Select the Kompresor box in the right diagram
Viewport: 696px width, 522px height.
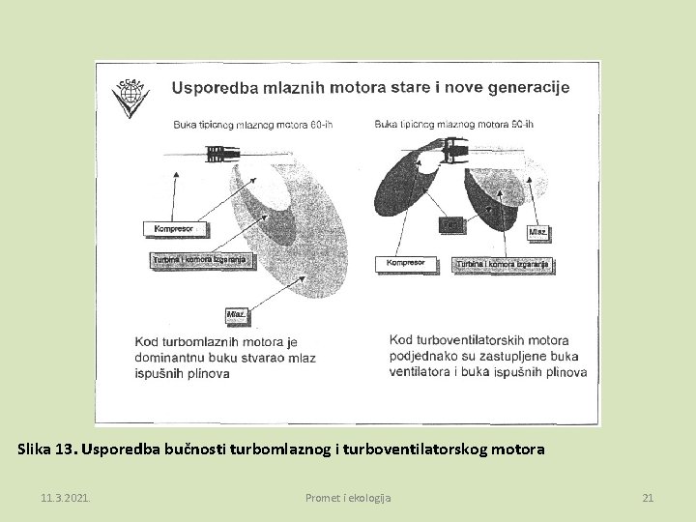pyautogui.click(x=407, y=262)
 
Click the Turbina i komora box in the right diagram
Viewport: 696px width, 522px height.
pyautogui.click(x=503, y=263)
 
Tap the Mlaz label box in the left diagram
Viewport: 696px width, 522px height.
pyautogui.click(x=236, y=314)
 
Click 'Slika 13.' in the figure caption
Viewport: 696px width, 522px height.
pyautogui.click(x=47, y=449)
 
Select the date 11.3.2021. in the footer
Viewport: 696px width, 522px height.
pyautogui.click(x=66, y=498)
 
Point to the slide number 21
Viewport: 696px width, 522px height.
pyautogui.click(x=648, y=498)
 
